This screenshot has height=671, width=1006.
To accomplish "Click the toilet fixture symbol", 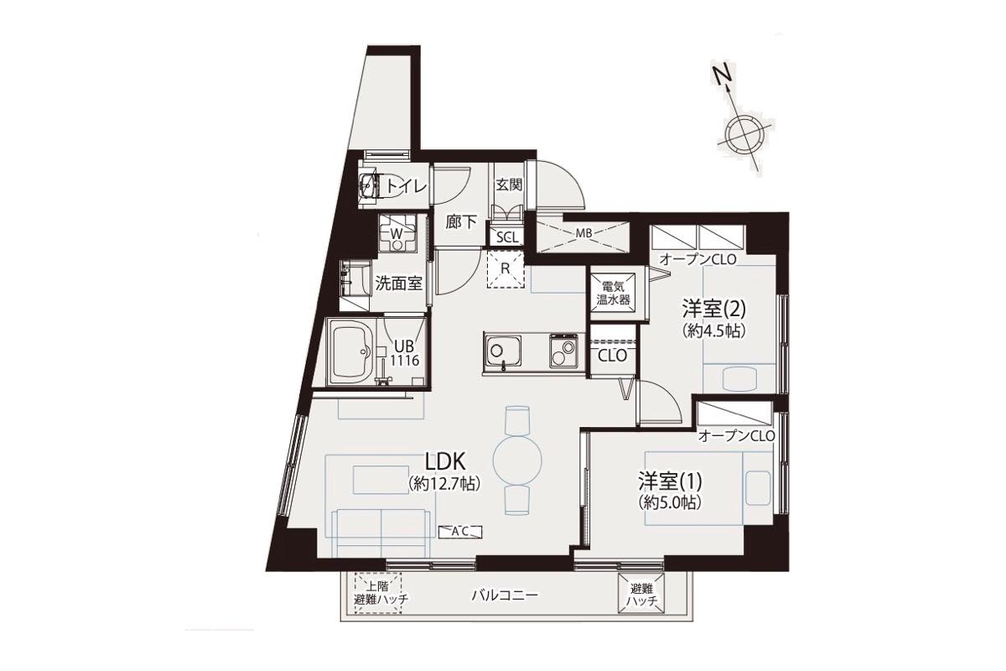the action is [371, 185].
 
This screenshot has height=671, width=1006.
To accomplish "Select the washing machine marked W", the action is [397, 233].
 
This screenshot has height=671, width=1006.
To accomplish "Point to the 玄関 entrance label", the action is [509, 184].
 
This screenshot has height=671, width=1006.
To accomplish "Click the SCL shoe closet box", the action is [507, 237].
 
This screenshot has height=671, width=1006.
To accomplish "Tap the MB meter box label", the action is [583, 233].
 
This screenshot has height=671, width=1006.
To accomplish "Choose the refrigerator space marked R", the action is [506, 268].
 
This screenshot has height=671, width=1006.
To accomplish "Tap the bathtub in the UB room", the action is [351, 352].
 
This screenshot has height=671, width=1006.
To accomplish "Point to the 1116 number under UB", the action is [405, 360].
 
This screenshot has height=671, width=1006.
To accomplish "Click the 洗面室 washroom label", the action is [399, 283].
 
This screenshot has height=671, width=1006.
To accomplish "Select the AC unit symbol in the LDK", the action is [460, 532].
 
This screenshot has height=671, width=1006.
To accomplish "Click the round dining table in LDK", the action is [517, 459].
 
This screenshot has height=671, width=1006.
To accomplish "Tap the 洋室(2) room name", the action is [713, 309].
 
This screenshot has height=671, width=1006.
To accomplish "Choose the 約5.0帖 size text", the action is [670, 502].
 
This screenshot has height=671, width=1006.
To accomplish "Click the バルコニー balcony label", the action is [505, 596].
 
